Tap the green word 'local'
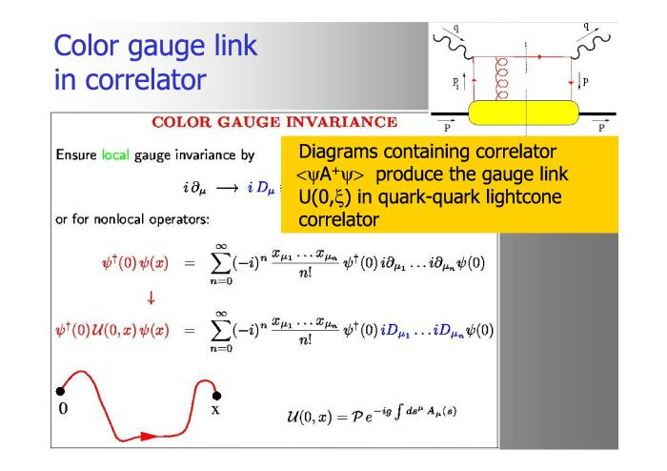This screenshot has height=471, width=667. tap(115, 154)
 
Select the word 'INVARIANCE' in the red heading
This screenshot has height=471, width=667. tap(341, 122)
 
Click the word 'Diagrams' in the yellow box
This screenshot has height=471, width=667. tap(338, 153)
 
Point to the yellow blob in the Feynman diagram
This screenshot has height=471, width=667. tap(524, 113)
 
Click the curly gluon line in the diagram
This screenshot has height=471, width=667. tap(502, 79)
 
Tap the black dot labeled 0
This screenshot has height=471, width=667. tap(60, 391)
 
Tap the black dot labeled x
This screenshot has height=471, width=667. tap(216, 396)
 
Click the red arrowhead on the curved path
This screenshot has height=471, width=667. tap(149, 436)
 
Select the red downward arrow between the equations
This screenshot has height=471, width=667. tap(151, 297)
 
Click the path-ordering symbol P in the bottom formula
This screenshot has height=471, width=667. tap(357, 416)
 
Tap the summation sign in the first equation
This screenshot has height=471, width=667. tap(221, 263)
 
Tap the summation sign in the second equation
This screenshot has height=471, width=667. tap(221, 330)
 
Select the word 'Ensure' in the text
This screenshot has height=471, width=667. tap(76, 154)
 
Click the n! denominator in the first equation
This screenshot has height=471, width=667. tap(305, 273)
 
